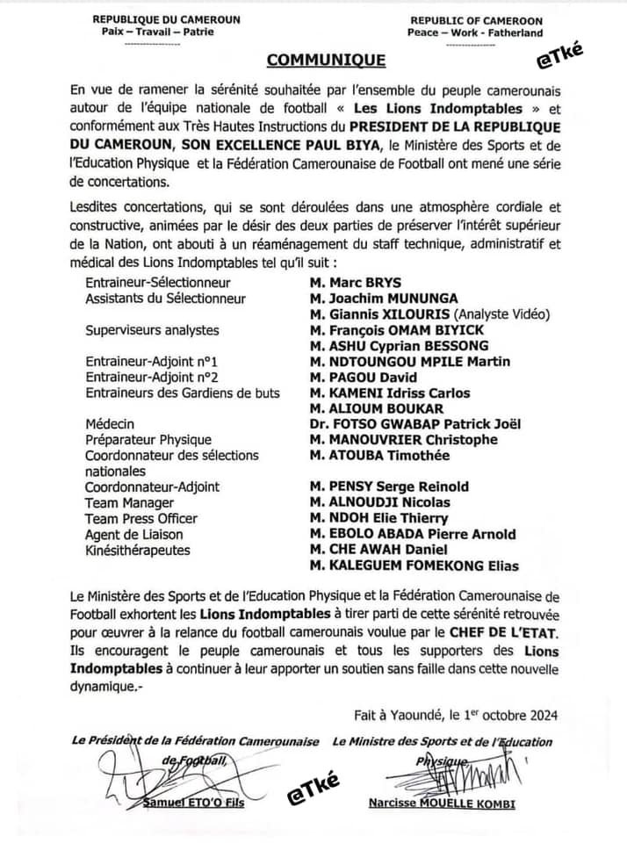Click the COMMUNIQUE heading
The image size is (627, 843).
pos(326,60)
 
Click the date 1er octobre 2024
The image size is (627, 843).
pos(510,712)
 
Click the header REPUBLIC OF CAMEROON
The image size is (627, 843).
pos(475,20)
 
